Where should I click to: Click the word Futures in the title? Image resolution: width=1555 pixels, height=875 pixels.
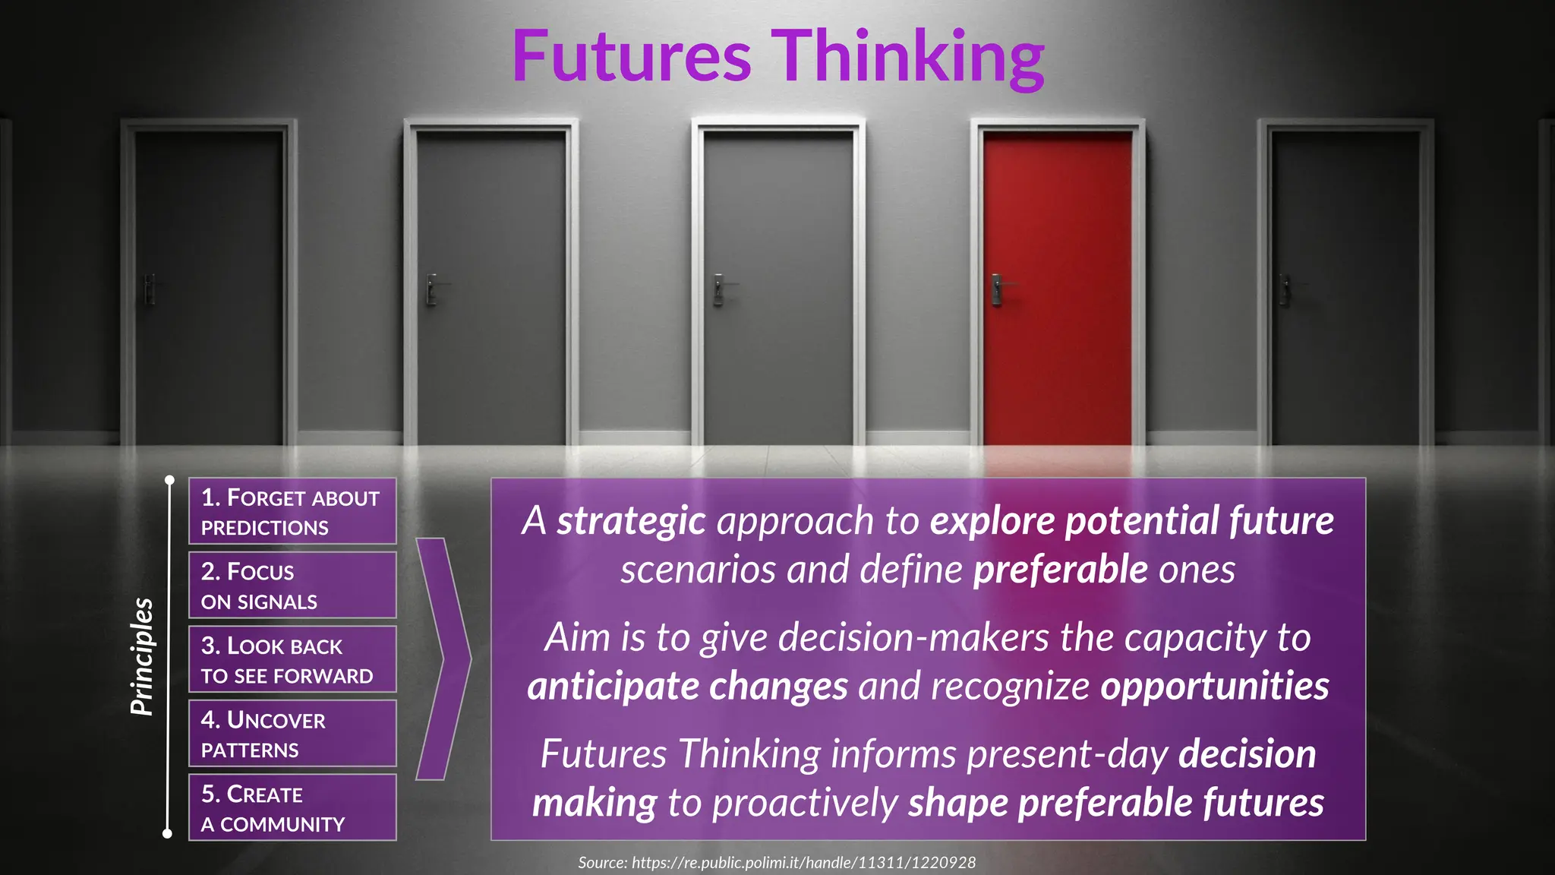[632, 56]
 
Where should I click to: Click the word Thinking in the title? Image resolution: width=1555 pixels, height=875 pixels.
[908, 58]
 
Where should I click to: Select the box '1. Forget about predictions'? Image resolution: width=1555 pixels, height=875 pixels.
[292, 511]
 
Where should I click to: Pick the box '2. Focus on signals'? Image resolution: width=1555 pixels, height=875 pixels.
[292, 586]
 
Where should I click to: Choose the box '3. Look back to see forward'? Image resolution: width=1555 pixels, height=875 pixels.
[292, 659]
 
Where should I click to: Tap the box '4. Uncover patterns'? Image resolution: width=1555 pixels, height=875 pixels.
[292, 734]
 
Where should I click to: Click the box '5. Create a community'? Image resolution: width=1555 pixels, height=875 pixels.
[292, 807]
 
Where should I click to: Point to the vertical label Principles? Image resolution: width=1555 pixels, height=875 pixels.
[142, 657]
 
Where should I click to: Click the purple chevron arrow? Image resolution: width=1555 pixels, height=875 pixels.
[444, 659]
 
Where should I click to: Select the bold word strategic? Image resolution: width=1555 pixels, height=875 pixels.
[631, 521]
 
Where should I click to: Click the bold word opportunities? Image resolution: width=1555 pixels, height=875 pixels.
[1214, 687]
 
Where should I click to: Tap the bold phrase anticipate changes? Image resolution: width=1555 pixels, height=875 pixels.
[687, 687]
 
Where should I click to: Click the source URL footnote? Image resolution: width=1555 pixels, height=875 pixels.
[777, 863]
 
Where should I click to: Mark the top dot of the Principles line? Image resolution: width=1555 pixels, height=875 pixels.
[170, 480]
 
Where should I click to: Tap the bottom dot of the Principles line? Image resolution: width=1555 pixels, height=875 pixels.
[168, 834]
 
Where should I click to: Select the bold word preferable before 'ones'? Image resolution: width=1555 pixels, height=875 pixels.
[1060, 570]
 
